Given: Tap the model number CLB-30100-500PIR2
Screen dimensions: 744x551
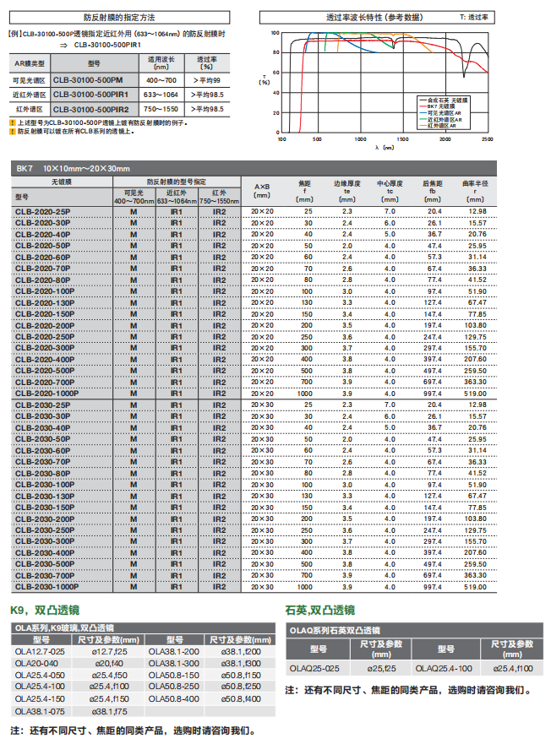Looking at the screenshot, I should pyautogui.click(x=90, y=109).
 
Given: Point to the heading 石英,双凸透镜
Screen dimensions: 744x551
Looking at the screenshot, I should pyautogui.click(x=320, y=610).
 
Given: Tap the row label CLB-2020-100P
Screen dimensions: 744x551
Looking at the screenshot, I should pyautogui.click(x=46, y=291).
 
